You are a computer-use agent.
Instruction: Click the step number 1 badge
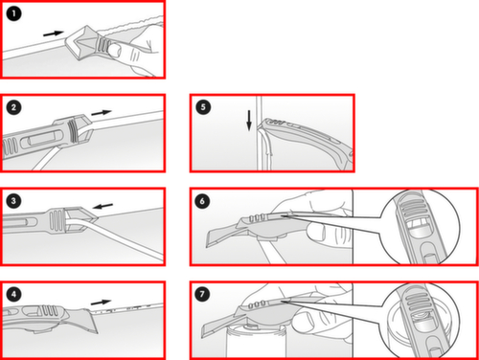13,13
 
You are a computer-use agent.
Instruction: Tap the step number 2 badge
13,107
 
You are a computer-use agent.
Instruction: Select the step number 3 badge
13,201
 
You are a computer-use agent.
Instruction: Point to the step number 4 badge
13,294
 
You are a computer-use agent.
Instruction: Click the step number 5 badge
203,107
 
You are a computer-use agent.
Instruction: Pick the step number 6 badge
202,201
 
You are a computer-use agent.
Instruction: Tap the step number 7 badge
202,294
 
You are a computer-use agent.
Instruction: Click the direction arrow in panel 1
54,34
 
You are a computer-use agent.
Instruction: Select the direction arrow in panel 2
102,113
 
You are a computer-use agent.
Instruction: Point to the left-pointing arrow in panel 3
103,206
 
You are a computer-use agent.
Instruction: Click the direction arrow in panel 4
101,302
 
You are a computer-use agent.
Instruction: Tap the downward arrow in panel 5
249,121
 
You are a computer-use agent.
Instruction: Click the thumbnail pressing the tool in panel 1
114,51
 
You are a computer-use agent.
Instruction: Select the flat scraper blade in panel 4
87,321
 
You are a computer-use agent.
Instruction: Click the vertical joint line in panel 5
260,133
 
